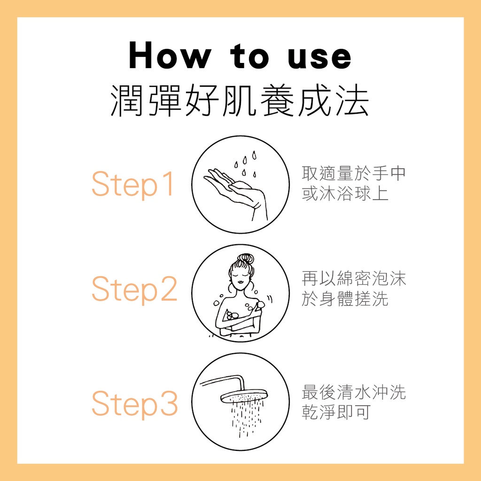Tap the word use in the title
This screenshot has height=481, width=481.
[x=319, y=58]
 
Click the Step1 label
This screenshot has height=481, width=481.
[x=133, y=184]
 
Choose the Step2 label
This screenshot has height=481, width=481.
[x=134, y=289]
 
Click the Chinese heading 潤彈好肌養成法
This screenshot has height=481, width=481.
[x=240, y=101]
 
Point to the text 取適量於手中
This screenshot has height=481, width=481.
[x=354, y=174]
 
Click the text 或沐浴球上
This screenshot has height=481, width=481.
[x=345, y=194]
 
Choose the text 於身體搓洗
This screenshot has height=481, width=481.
[x=345, y=299]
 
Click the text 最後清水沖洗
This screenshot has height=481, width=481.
[x=354, y=392]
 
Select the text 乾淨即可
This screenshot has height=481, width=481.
[x=336, y=412]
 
